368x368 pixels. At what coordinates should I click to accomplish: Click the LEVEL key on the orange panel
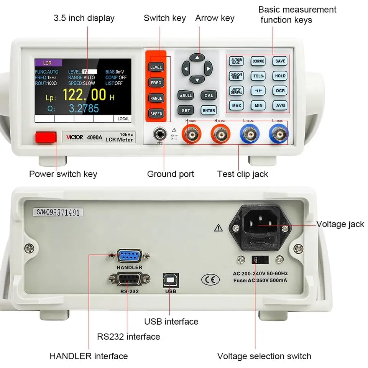[x=156, y=67]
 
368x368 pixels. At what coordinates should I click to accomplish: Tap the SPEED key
[x=156, y=114]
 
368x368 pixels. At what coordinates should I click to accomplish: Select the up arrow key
[x=197, y=57]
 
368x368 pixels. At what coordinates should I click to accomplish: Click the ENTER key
[x=209, y=110]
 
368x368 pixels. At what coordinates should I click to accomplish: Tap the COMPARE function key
[x=258, y=61]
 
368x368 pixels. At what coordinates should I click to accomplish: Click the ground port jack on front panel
[x=159, y=135]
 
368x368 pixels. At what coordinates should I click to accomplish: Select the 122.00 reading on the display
[x=84, y=94]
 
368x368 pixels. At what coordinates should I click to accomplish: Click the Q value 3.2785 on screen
[x=84, y=108]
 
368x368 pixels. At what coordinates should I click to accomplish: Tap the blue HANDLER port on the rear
[x=129, y=256]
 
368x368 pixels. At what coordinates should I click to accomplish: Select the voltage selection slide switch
[x=255, y=259]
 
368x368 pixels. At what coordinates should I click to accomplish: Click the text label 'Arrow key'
[x=215, y=18]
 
